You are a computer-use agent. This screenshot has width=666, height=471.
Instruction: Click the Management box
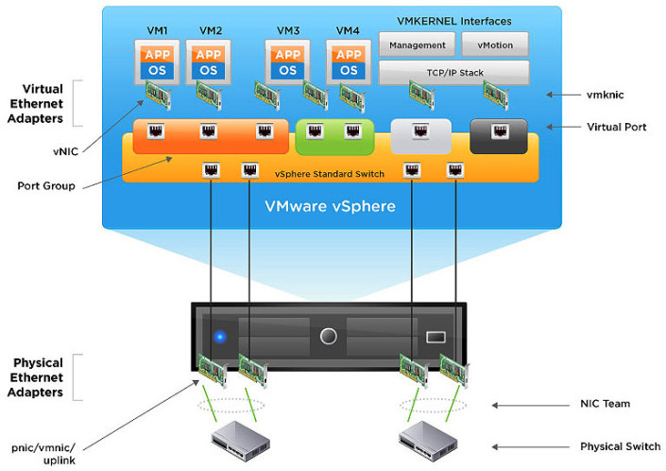[417, 44]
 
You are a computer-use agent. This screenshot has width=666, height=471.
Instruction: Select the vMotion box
[494, 44]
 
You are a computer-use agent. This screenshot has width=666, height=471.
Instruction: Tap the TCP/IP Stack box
[453, 73]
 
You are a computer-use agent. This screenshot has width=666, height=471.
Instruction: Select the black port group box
[498, 136]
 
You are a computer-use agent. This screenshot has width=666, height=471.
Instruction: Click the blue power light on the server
[220, 335]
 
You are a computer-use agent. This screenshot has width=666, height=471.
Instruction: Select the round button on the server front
[328, 336]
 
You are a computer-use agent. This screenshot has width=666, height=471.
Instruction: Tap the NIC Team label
[605, 404]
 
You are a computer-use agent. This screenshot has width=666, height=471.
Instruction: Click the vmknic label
[606, 95]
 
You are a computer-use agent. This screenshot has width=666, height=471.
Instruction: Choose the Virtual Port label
[616, 127]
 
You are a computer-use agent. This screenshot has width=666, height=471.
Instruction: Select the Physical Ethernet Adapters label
[39, 377]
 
